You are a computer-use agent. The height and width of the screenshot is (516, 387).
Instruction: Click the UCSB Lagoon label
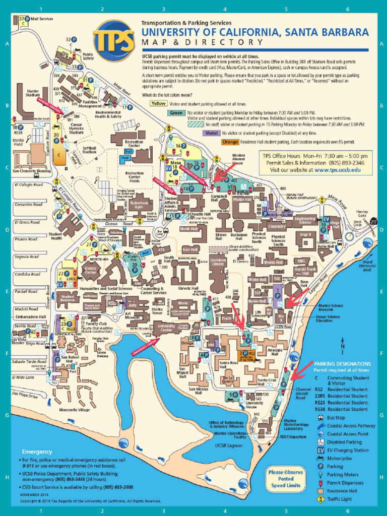click(x=229, y=445)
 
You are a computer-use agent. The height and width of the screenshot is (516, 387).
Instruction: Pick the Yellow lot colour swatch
click(x=158, y=103)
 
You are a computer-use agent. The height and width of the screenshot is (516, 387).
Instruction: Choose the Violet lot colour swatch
click(x=212, y=133)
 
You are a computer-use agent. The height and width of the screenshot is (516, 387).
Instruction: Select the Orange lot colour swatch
click(x=229, y=142)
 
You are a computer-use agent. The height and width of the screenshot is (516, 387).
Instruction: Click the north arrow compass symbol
click(x=342, y=346)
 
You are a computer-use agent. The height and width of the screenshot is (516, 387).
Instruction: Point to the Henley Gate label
click(x=362, y=214)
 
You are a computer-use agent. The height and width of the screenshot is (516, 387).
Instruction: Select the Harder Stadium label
click(x=33, y=93)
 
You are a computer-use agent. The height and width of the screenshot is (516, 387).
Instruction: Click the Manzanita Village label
click(x=74, y=410)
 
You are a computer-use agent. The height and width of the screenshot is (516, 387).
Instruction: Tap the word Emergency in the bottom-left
click(x=36, y=451)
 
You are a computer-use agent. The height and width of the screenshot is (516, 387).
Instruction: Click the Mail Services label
click(x=42, y=19)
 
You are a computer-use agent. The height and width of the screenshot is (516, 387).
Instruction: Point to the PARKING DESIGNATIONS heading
click(x=343, y=363)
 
